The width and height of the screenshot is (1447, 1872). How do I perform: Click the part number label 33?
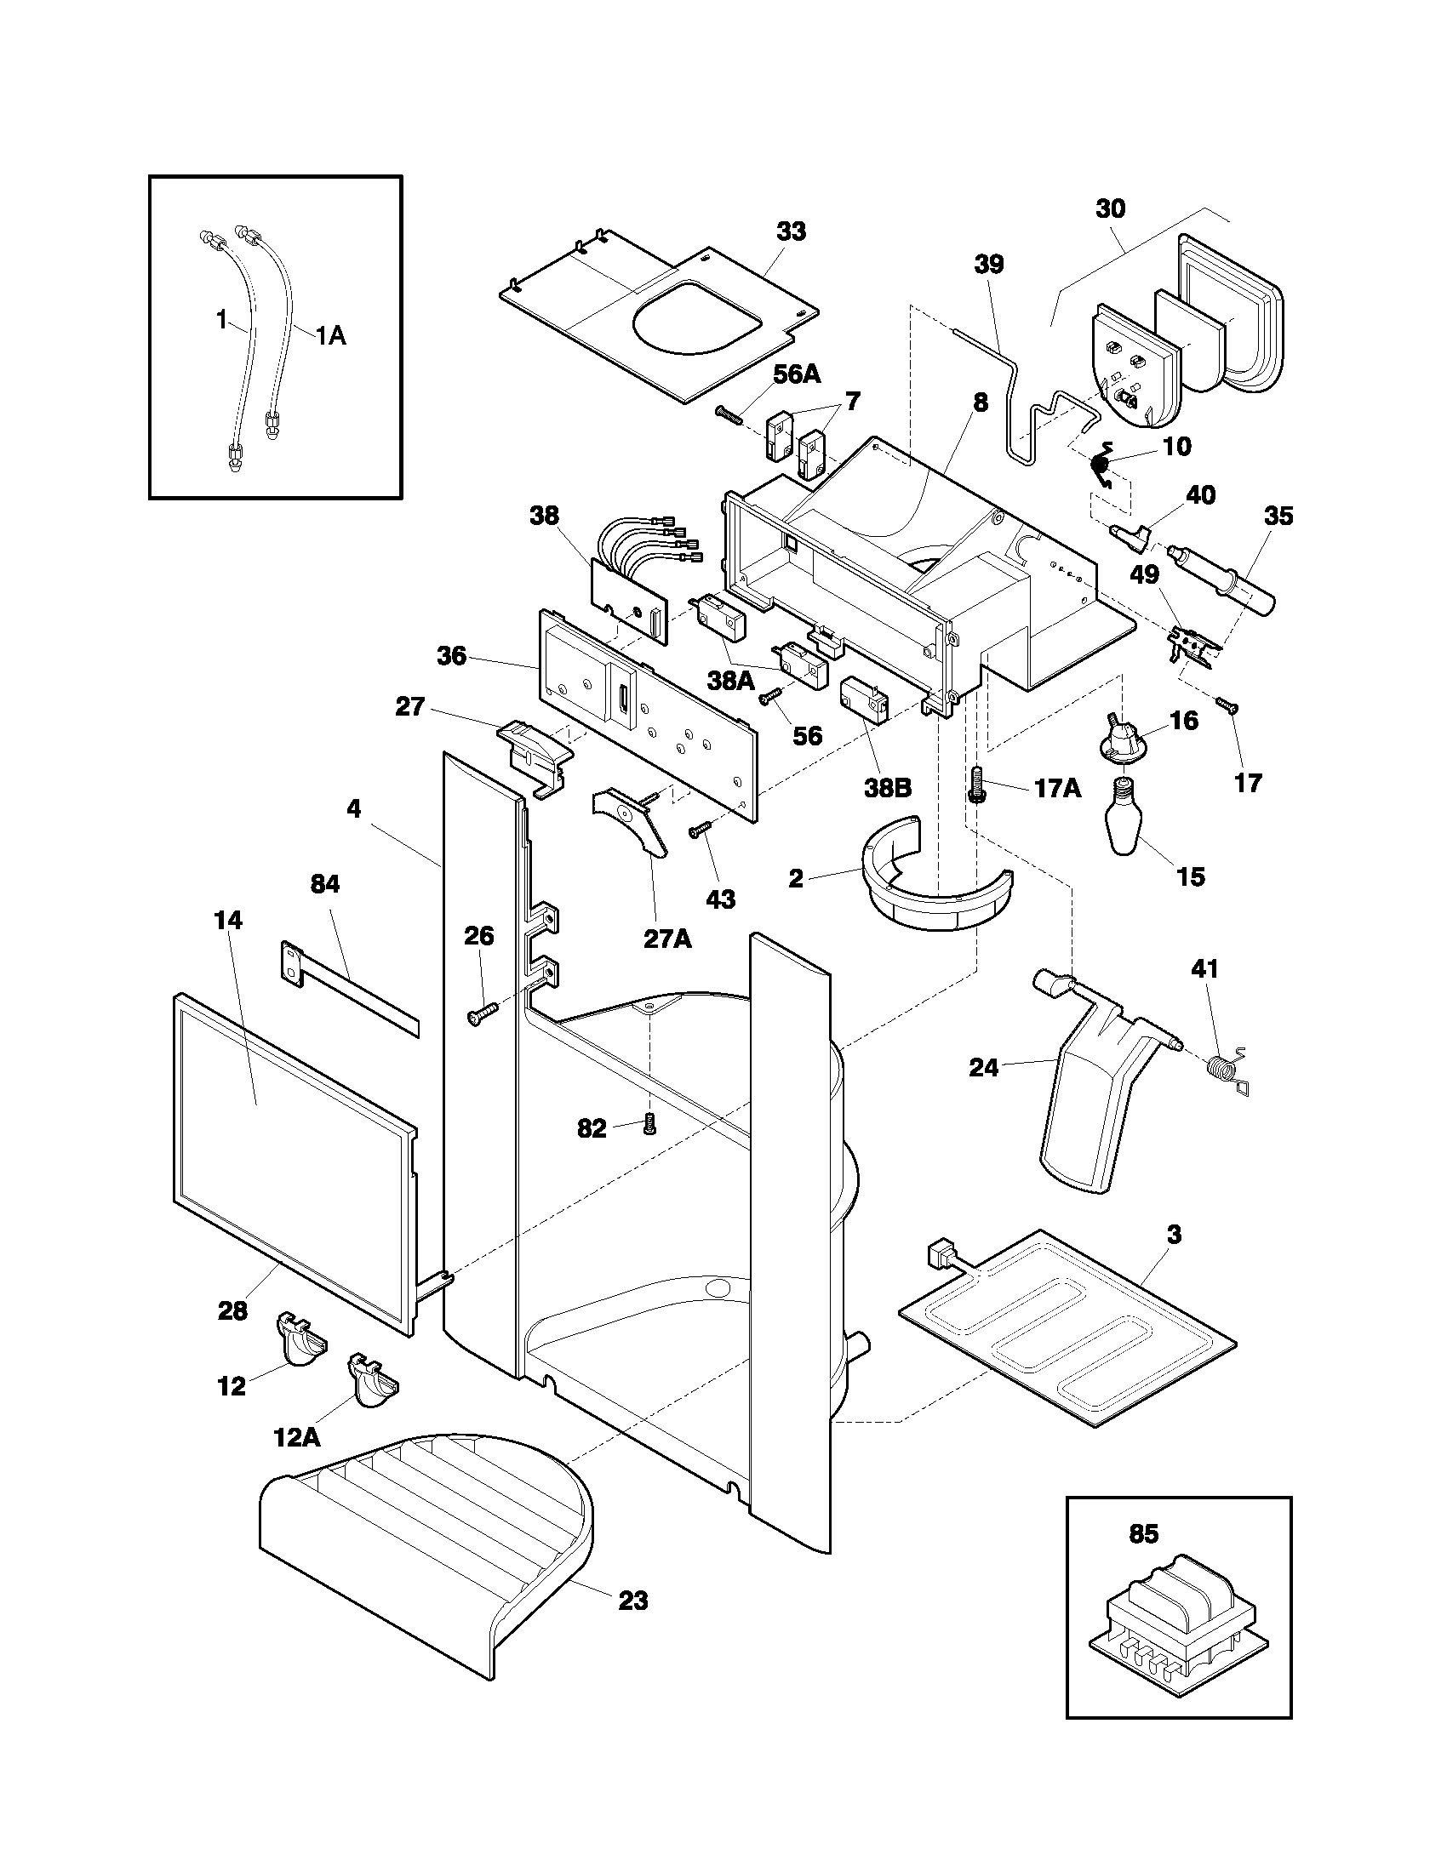(x=791, y=231)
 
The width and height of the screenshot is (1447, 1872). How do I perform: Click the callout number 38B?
(x=886, y=787)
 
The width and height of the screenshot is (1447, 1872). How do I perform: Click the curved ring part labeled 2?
(x=935, y=892)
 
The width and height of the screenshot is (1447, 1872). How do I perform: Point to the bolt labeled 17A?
(x=976, y=784)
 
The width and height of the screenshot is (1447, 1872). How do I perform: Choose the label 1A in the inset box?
(x=330, y=335)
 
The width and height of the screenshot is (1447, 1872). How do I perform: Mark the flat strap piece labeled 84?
(x=352, y=987)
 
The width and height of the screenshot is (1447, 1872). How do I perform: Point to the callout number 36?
(x=452, y=657)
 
